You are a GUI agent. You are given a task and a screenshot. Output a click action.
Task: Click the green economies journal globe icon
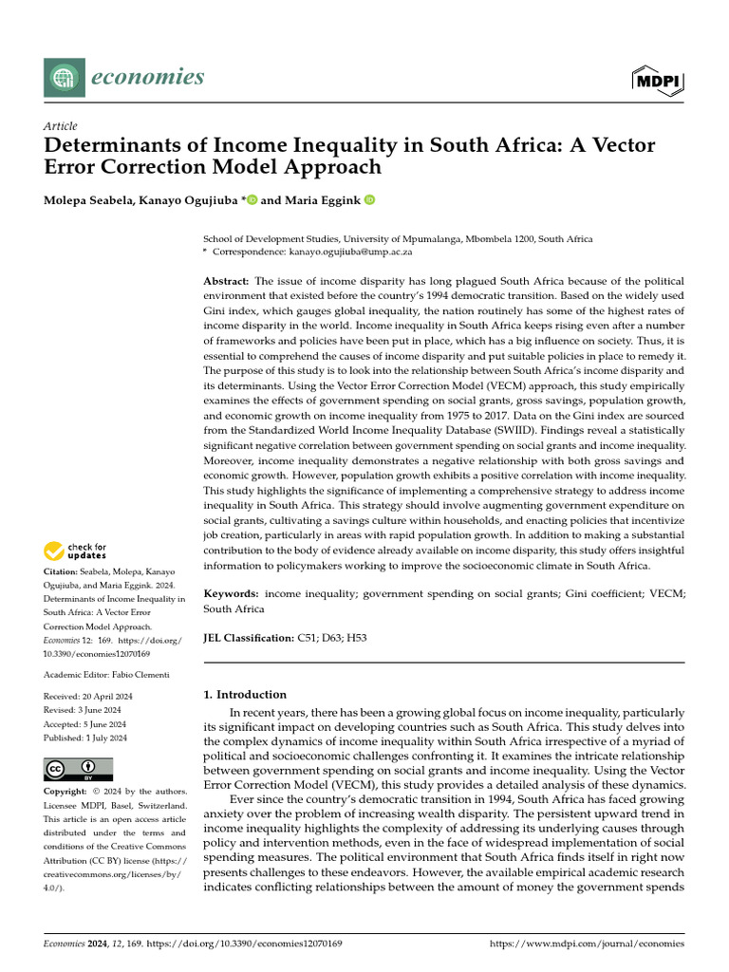63,77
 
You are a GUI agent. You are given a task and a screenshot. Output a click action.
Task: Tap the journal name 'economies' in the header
147,76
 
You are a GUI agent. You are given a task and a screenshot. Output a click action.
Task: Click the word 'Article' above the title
61,126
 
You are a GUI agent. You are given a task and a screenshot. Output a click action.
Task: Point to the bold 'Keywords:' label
232,593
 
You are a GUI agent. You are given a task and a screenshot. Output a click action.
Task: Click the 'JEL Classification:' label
249,639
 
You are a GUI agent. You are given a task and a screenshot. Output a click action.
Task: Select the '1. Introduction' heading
245,694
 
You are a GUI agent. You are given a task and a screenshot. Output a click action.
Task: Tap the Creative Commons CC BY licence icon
78,768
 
